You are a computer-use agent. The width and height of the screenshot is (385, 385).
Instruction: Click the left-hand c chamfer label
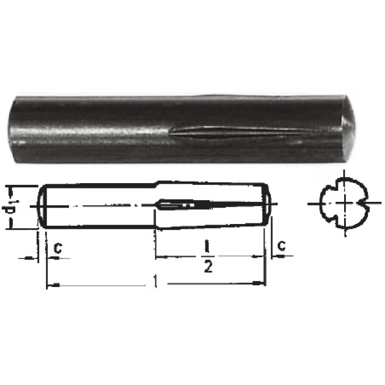(58, 248)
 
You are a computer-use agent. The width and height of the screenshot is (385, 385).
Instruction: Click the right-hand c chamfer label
(282, 245)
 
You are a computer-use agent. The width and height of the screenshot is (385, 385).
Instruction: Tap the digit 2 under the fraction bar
(208, 267)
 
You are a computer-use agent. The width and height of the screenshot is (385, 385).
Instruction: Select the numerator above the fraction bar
(208, 247)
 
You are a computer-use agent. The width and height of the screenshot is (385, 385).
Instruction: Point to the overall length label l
(155, 281)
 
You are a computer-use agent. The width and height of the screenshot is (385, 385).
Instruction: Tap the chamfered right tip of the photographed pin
(348, 126)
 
